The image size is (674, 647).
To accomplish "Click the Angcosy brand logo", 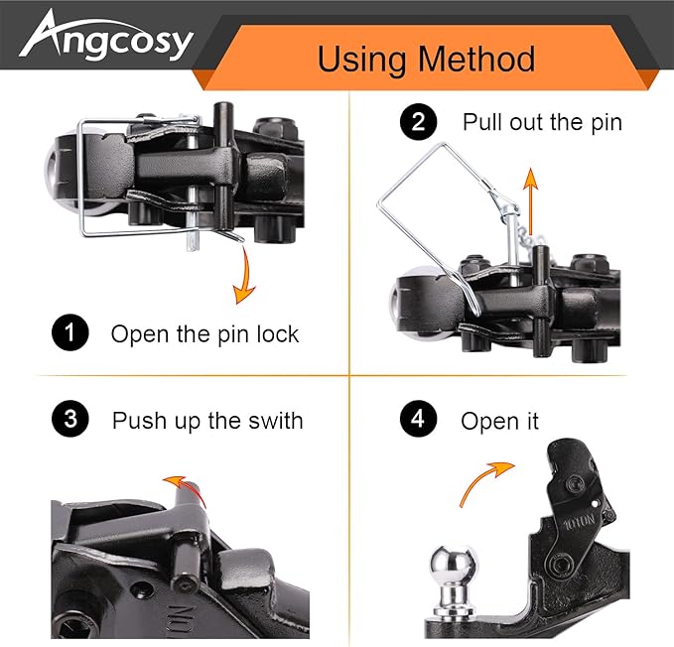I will pos(106,39).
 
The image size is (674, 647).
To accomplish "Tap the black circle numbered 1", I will pos(68,333).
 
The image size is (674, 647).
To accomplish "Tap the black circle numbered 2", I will pos(418,123).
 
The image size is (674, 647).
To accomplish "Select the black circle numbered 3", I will pos(68,420).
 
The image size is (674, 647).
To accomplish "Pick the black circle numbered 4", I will pos(418,420).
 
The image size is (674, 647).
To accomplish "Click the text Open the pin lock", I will pos(204,334).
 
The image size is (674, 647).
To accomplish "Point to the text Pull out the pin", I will pos(542,123).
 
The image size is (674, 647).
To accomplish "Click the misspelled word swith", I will pos(275,421).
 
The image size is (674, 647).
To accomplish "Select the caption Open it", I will pos(499,421).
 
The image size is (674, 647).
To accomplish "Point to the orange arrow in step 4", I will pos(487,480).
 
